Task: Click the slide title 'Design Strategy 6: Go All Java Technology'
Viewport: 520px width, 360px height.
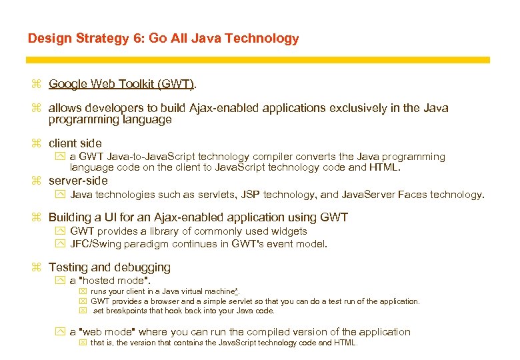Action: [163, 39]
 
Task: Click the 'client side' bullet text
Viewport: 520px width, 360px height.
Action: [75, 143]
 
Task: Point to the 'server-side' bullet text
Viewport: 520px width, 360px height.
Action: [77, 181]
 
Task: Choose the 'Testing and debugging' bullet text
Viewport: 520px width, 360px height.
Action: [109, 267]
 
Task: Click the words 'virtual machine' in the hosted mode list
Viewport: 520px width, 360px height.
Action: [201, 292]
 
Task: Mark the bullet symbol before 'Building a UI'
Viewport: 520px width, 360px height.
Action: [36, 217]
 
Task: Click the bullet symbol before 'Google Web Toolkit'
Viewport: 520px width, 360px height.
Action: [36, 84]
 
